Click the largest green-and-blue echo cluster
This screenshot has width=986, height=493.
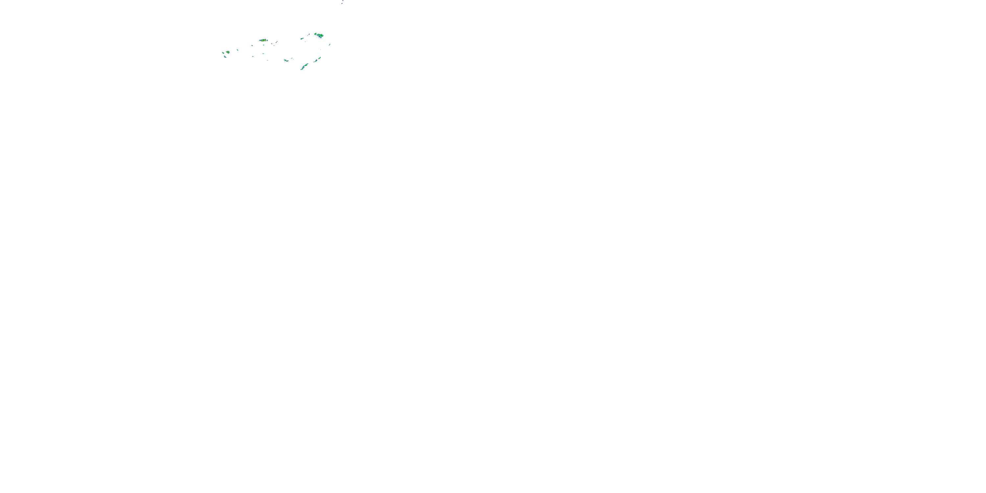point(321,35)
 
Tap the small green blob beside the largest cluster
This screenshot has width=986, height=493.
point(316,34)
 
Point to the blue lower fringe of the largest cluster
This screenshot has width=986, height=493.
point(321,37)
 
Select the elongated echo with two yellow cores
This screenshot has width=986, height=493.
point(263,40)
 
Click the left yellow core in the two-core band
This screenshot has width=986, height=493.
point(263,41)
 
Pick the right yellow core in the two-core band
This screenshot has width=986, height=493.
point(265,40)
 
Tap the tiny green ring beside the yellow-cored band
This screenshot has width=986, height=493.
point(267,40)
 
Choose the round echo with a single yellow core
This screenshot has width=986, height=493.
point(228,53)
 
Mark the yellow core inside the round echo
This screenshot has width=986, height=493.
point(227,53)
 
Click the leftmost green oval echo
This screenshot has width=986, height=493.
point(223,53)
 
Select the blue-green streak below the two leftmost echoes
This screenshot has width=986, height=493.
point(225,57)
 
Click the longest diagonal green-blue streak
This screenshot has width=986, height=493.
point(305,67)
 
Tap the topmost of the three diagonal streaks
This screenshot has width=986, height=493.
point(319,58)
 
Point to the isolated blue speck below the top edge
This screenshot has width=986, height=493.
point(342,3)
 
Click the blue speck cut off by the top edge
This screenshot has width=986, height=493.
point(343,0)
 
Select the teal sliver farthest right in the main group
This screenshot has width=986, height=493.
point(330,45)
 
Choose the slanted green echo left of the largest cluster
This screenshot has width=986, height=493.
point(302,39)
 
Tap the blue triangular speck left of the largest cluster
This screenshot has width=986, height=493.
point(309,35)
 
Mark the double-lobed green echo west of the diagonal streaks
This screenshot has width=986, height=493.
point(286,60)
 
